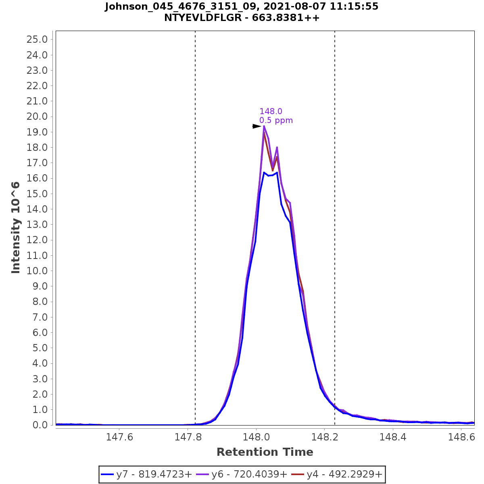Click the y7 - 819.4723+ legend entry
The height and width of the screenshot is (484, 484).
click(x=147, y=474)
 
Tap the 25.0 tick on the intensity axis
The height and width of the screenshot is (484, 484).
click(x=37, y=40)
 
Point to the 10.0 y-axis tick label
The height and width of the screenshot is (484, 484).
click(x=37, y=271)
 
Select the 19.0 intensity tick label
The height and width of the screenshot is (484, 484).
click(x=37, y=132)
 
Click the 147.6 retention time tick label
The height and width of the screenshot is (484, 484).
click(x=119, y=437)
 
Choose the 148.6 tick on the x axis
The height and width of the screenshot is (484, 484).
click(x=461, y=437)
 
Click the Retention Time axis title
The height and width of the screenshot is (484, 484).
click(x=265, y=452)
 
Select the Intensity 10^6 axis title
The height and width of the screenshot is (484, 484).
click(x=16, y=227)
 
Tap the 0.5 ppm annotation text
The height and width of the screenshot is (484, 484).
click(x=276, y=120)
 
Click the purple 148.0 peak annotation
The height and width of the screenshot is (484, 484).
click(x=271, y=111)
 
